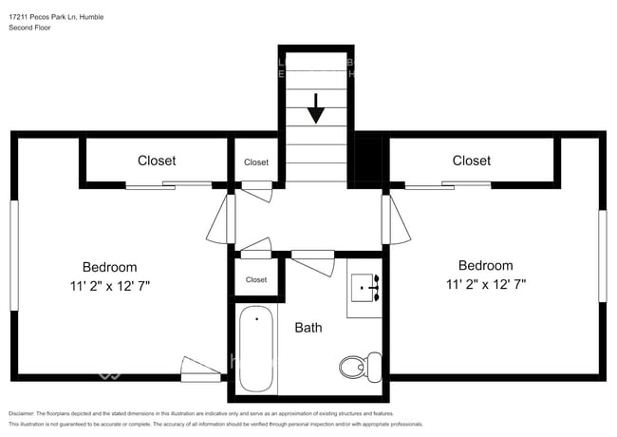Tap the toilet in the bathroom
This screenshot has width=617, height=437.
(x=355, y=366)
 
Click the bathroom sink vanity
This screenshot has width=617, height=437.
(x=365, y=286)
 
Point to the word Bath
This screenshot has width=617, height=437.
(x=308, y=328)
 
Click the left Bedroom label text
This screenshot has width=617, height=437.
(x=109, y=267)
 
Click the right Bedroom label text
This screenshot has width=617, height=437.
(x=485, y=266)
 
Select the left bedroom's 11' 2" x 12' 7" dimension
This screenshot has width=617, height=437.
(x=109, y=285)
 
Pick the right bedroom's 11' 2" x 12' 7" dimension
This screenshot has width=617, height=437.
(x=485, y=284)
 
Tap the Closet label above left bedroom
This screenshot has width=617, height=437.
(x=157, y=161)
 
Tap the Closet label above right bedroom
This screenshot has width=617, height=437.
(x=471, y=161)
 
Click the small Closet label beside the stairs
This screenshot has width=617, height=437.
(x=256, y=162)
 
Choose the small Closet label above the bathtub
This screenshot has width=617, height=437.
(x=256, y=280)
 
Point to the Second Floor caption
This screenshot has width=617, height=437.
(x=30, y=28)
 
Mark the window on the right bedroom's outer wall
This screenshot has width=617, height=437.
(x=602, y=256)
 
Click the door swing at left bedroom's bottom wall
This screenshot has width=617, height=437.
(x=199, y=370)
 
